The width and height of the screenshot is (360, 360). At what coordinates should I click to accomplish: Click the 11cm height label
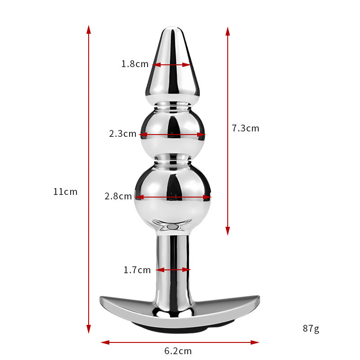pos(65,192)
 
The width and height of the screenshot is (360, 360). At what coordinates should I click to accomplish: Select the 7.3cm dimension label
pos(245,128)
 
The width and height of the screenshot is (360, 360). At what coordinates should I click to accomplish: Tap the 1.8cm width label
pos(135,64)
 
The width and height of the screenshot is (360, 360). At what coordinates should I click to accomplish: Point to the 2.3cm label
pos(122,134)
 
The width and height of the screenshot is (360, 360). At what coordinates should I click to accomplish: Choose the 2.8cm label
pos(118,196)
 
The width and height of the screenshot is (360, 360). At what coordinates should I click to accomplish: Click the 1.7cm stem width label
pos(137,270)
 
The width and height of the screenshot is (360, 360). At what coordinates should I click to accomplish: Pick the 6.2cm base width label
pos(178,351)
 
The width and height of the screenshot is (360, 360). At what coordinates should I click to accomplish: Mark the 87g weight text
pos(311,328)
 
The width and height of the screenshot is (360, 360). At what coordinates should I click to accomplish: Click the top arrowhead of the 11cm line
pos(89,30)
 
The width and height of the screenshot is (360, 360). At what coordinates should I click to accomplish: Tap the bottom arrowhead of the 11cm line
pos(89,329)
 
